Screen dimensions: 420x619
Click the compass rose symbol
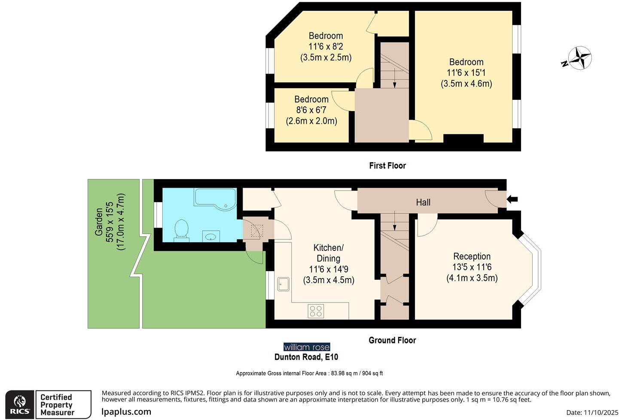[579, 58]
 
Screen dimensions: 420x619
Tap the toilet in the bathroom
[182, 229]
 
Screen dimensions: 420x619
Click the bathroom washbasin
[211, 236]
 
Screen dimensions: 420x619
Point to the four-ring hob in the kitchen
[316, 311]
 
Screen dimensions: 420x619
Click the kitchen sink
[284, 284]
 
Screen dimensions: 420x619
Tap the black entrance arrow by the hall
[512, 199]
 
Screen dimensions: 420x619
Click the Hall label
[423, 202]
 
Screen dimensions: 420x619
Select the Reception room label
[472, 267]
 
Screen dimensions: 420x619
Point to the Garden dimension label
[110, 222]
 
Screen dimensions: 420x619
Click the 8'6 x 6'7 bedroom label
[311, 110]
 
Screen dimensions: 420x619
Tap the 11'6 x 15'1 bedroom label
[466, 73]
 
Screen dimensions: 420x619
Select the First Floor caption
[387, 166]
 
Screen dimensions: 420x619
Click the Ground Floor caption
[392, 340]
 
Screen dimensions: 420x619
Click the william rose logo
[307, 347]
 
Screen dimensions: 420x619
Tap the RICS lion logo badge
[20, 405]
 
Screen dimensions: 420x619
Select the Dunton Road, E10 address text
[306, 357]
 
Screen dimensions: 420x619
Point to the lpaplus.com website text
[126, 412]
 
